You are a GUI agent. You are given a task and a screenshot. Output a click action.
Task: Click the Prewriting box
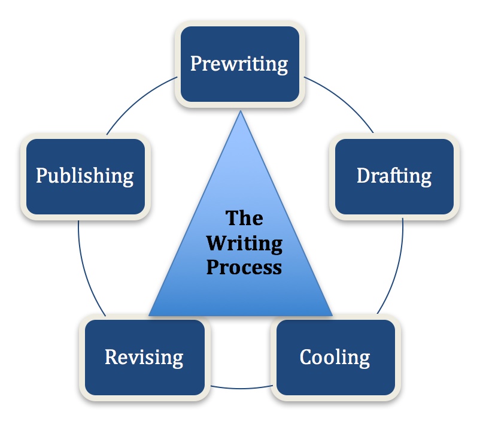239,64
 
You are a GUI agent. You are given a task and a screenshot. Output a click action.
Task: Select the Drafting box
393,176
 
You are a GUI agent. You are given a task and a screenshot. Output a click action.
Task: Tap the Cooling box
335,358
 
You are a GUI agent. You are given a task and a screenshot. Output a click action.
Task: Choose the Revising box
144,358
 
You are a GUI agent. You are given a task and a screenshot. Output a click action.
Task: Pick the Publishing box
84,176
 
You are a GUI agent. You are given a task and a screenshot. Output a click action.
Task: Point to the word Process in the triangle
244,267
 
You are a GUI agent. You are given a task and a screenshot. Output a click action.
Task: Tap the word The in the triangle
244,219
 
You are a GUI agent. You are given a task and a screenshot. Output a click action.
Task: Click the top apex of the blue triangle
241,111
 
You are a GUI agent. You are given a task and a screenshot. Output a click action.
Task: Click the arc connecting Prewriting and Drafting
344,99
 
